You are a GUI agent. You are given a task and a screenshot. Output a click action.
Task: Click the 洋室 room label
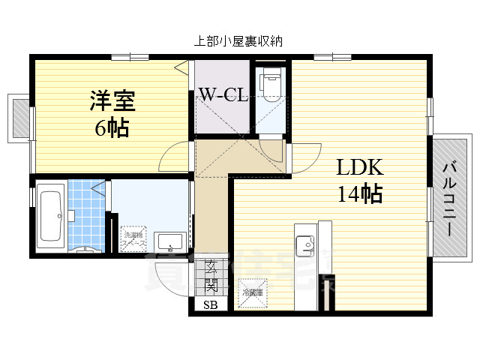107,100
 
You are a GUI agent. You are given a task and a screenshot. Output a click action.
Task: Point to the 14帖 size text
360,194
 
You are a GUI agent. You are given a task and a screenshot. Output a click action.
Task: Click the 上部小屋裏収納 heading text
238,40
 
